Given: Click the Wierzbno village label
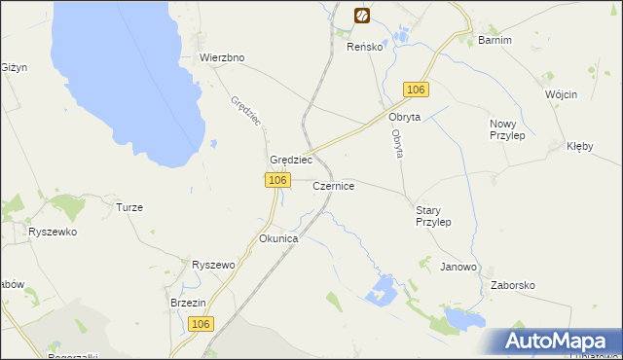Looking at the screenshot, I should tap(222, 57).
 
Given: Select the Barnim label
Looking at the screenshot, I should tap(495, 40).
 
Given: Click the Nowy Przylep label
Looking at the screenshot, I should tap(507, 129).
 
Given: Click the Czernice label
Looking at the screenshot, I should tap(334, 185).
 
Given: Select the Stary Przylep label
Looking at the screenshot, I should tap(433, 215).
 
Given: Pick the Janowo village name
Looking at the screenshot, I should tap(458, 267).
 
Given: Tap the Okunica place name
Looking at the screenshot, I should tap(277, 238).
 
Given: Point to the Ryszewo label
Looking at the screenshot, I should tap(214, 265).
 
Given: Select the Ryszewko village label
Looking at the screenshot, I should tap(53, 233).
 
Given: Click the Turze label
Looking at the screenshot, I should tap(129, 207).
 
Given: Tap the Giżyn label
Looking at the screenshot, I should tap(14, 67).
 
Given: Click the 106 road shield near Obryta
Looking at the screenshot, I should tap(416, 90).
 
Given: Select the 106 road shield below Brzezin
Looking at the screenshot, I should tap(201, 324).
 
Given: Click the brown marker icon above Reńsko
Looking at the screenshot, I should tap(361, 15).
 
